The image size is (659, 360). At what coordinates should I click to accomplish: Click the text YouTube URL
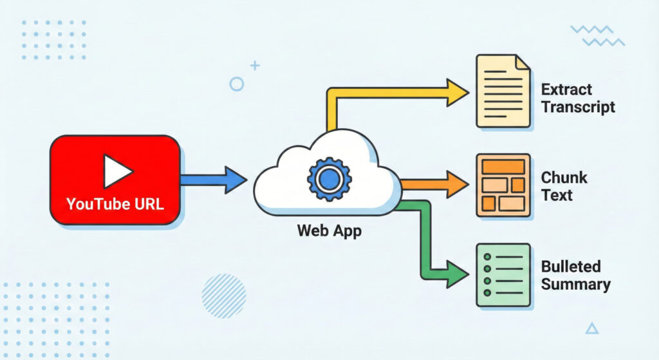tap(115, 205)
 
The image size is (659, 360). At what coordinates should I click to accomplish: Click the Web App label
tap(329, 231)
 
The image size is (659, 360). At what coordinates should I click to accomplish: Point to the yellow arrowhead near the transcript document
tap(456, 93)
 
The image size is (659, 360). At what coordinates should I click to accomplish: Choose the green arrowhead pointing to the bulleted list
tap(456, 274)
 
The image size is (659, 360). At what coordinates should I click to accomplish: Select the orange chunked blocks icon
tap(503, 185)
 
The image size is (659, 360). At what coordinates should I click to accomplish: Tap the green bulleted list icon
tap(503, 274)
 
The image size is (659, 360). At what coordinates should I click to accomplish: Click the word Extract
tap(566, 90)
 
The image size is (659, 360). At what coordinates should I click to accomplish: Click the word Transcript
tap(578, 107)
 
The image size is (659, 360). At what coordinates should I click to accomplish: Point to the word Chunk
tap(564, 178)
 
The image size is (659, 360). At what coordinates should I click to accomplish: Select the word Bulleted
tap(571, 267)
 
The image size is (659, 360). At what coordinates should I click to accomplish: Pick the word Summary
tap(575, 284)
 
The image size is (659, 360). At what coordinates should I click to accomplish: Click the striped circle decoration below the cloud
tap(223, 296)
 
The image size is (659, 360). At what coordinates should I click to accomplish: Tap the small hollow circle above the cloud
tap(237, 84)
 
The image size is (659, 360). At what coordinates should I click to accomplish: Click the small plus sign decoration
tap(255, 65)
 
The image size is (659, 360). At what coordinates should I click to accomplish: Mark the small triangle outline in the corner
tap(591, 328)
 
